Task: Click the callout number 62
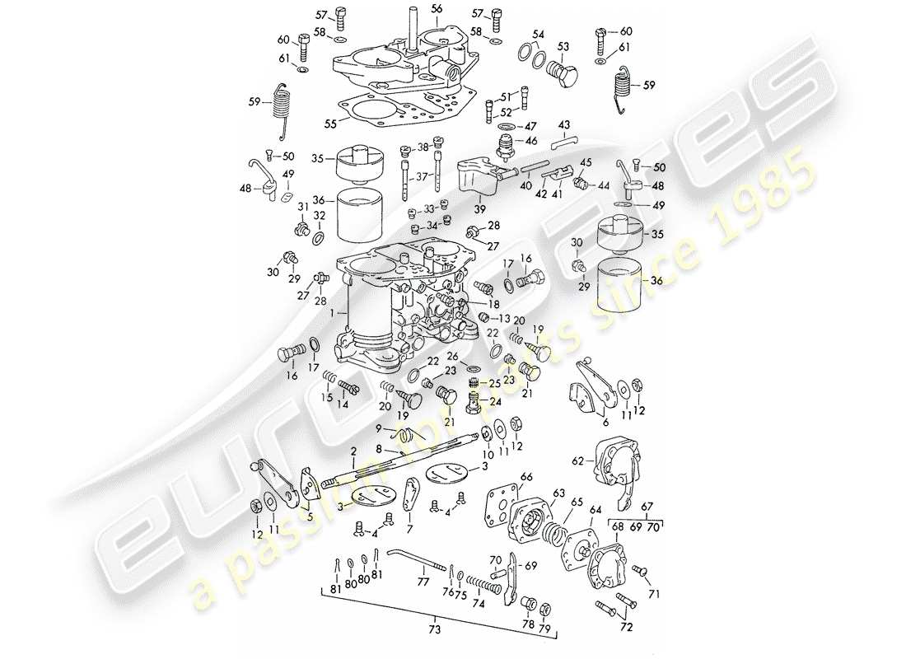point(578,462)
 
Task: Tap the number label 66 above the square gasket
point(525,477)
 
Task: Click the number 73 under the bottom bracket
point(435,630)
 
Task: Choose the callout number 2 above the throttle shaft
point(353,452)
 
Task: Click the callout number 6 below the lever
point(605,422)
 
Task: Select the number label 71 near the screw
point(655,592)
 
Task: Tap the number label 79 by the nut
point(544,631)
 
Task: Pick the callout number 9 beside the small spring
point(379,428)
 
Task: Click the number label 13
point(504,319)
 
